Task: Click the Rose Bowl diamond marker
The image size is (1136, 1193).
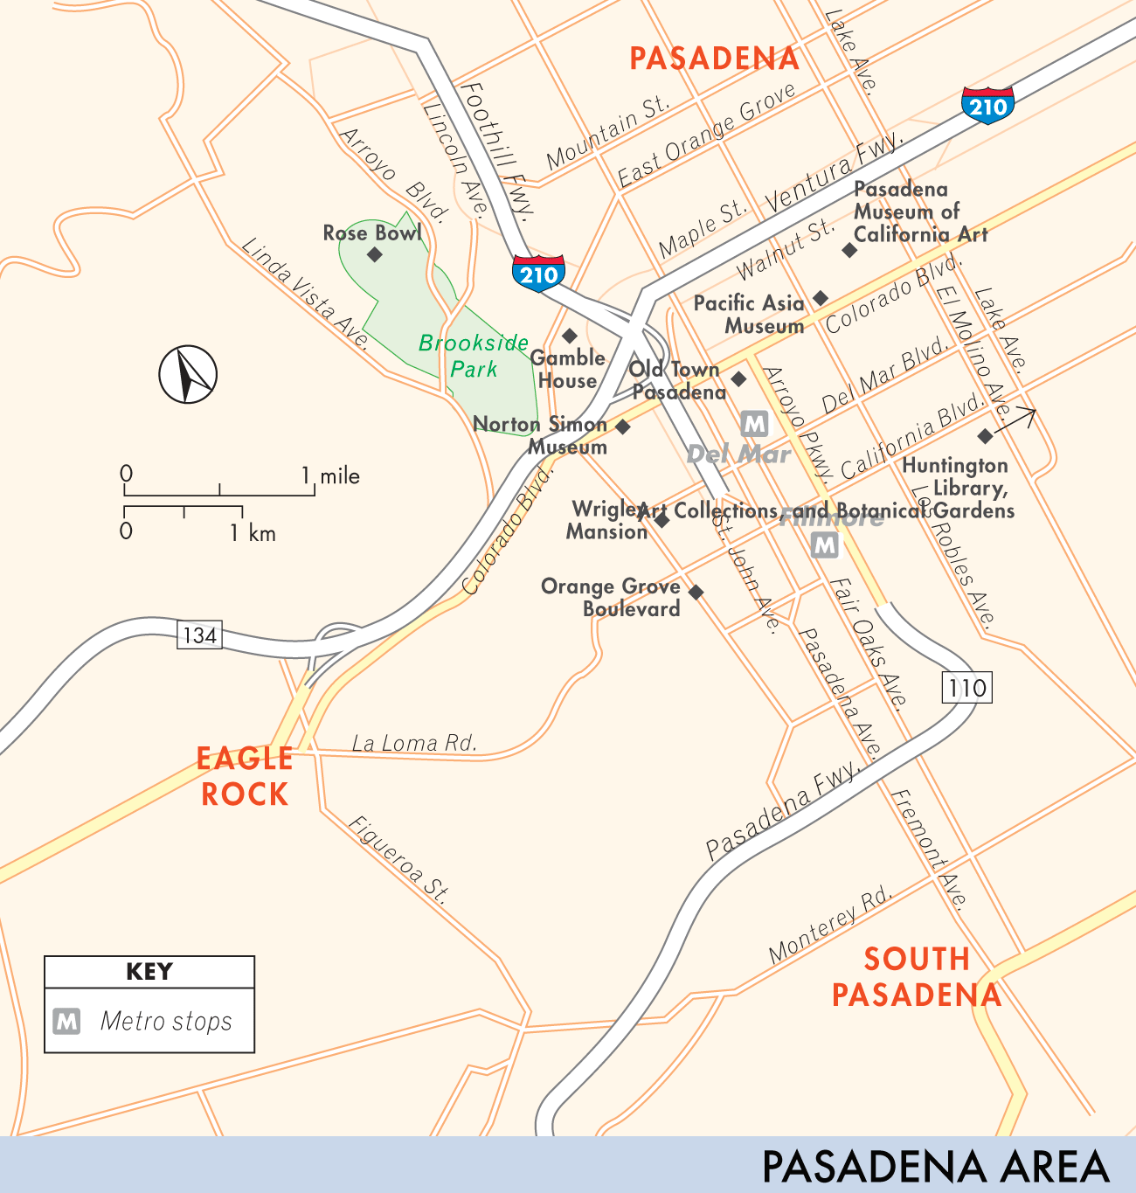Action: click(x=375, y=254)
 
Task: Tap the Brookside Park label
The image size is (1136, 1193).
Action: click(x=474, y=356)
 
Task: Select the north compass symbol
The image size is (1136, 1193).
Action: click(x=188, y=374)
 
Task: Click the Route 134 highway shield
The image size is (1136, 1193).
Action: click(x=199, y=635)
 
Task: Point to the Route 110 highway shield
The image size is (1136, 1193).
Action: click(x=968, y=688)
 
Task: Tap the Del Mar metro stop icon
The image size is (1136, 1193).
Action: click(x=754, y=425)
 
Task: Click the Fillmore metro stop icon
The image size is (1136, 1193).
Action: click(x=825, y=546)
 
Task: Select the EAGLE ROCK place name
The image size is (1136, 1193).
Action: click(x=245, y=776)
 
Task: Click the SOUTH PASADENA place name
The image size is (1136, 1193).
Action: click(x=917, y=977)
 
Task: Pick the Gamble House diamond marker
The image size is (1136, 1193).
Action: click(x=569, y=336)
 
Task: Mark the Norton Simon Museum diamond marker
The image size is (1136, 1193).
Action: click(x=623, y=427)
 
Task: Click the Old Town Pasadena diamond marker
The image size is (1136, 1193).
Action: click(x=738, y=378)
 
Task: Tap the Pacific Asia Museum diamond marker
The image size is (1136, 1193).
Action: click(x=820, y=299)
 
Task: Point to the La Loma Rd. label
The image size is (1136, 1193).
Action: click(x=414, y=744)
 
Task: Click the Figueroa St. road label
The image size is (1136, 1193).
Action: click(x=399, y=859)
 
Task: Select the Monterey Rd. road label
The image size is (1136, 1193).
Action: click(x=831, y=926)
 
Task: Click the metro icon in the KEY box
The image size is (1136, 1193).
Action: click(x=67, y=1021)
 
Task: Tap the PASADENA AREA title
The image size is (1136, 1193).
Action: click(x=935, y=1167)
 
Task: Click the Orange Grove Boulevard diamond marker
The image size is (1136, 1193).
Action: click(x=696, y=593)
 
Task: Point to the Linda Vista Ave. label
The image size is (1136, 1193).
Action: click(x=305, y=293)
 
